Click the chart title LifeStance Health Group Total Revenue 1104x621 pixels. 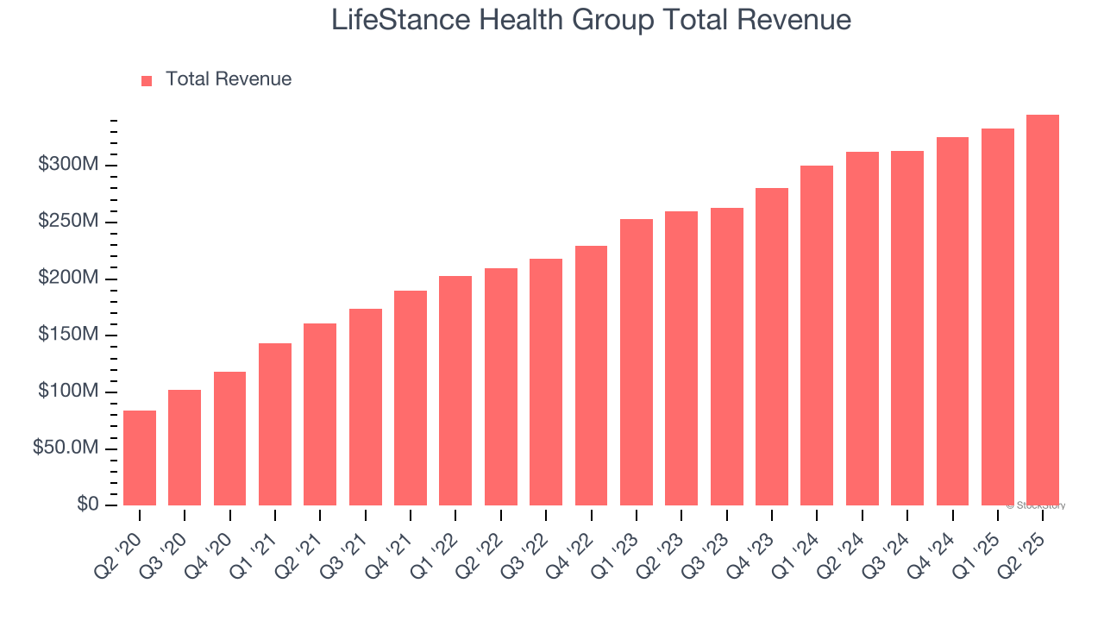pos(591,20)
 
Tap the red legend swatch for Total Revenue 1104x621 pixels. pos(147,80)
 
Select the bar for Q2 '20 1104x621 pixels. pos(140,458)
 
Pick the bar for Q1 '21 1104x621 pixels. pos(275,424)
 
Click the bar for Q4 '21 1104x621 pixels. pos(411,398)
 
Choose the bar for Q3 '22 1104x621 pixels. pos(546,382)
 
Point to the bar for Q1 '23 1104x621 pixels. pos(636,362)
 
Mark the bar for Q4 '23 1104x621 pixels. pos(771,347)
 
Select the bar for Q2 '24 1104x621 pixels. pos(862,329)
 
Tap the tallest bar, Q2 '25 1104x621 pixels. pos(1042,310)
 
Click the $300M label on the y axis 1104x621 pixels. pos(68,165)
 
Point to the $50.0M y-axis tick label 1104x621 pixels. pos(66,448)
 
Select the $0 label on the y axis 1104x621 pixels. pos(88,505)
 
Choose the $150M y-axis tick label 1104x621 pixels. pos(68,335)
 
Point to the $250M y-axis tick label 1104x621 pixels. pos(68,222)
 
